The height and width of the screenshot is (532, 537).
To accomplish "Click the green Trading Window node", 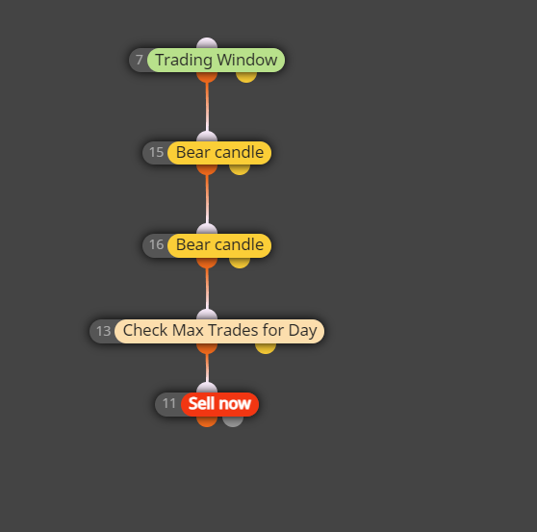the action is [x=217, y=61].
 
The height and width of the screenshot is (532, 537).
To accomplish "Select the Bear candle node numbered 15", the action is [x=219, y=153].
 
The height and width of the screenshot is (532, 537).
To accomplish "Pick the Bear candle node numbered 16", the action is [x=219, y=245].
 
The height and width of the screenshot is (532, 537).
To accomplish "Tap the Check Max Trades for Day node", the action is [x=219, y=331].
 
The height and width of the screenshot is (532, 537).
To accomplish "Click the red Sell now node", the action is [x=219, y=404].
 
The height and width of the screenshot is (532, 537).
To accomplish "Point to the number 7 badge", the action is [x=139, y=61].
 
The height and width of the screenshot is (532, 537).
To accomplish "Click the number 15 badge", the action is [x=156, y=153].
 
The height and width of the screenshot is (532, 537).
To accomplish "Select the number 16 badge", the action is [x=156, y=245].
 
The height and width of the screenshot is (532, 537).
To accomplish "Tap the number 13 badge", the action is [x=103, y=331].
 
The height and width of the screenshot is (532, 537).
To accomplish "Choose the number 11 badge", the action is [x=168, y=404].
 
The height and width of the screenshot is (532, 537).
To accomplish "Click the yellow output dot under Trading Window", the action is [x=246, y=77].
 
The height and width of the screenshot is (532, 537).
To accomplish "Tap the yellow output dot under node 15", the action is [x=240, y=169].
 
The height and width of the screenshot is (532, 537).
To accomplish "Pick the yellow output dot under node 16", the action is [x=240, y=263].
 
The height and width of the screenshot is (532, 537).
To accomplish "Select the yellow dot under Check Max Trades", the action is [x=266, y=348].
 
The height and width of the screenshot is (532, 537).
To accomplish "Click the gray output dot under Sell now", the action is [x=233, y=421].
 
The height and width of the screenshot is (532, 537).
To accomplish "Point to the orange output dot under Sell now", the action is [x=207, y=421].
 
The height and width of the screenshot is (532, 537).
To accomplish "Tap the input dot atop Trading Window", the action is [x=207, y=43].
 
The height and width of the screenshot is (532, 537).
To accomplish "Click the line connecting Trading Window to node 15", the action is [x=207, y=107].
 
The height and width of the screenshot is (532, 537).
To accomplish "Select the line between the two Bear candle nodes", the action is [x=207, y=199].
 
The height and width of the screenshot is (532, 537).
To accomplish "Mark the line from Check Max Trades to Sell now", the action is [x=207, y=368].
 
